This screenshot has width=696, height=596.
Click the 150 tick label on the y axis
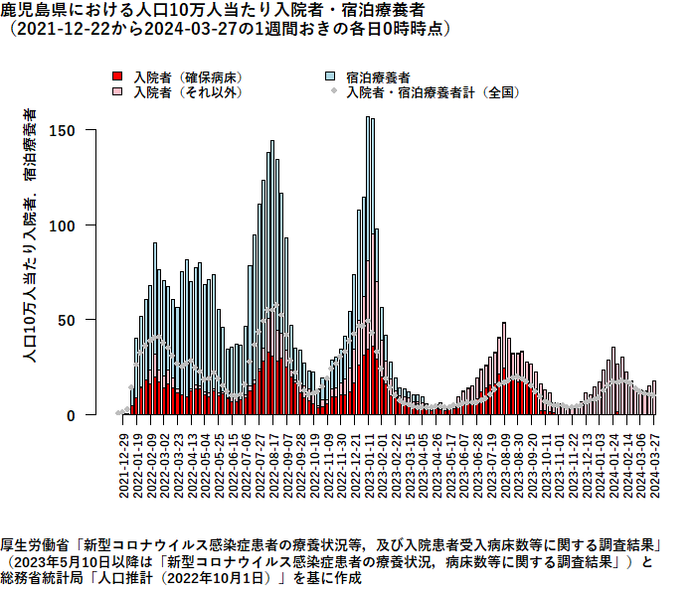click(x=62, y=131)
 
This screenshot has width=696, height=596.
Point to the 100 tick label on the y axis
click(x=62, y=226)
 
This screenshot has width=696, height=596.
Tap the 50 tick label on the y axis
click(x=67, y=321)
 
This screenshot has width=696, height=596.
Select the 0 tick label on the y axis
click(x=71, y=416)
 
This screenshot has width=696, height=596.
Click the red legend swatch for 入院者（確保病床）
click(x=117, y=76)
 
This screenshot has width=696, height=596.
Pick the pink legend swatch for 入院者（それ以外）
click(x=117, y=91)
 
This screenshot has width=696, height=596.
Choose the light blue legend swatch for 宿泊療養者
click(x=330, y=76)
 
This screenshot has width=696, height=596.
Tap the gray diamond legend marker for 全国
click(x=334, y=91)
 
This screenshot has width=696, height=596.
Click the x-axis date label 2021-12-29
click(x=124, y=466)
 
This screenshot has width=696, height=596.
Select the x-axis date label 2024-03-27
click(x=654, y=466)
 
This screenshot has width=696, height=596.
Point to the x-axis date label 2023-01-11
click(x=369, y=466)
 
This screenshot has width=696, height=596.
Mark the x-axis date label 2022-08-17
click(x=273, y=466)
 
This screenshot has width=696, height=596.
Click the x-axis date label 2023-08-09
click(x=505, y=466)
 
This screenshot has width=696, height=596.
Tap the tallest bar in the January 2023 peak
click(x=368, y=266)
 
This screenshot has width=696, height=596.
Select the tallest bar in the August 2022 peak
click(x=272, y=277)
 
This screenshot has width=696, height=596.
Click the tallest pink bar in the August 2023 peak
click(x=504, y=369)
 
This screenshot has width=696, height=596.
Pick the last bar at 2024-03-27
click(x=654, y=397)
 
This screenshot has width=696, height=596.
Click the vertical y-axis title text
click(x=30, y=235)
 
